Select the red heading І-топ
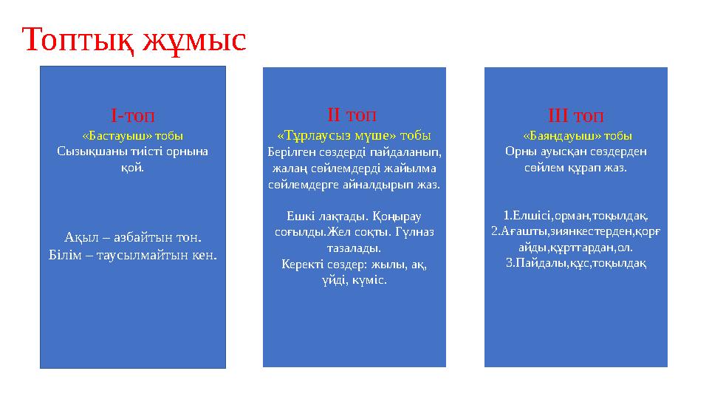tap(133, 116)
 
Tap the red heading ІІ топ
tap(351, 115)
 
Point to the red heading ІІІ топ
tap(576, 117)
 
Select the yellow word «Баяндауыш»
tap(557, 136)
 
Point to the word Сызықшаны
tap(85, 151)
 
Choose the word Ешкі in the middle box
tap(298, 216)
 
